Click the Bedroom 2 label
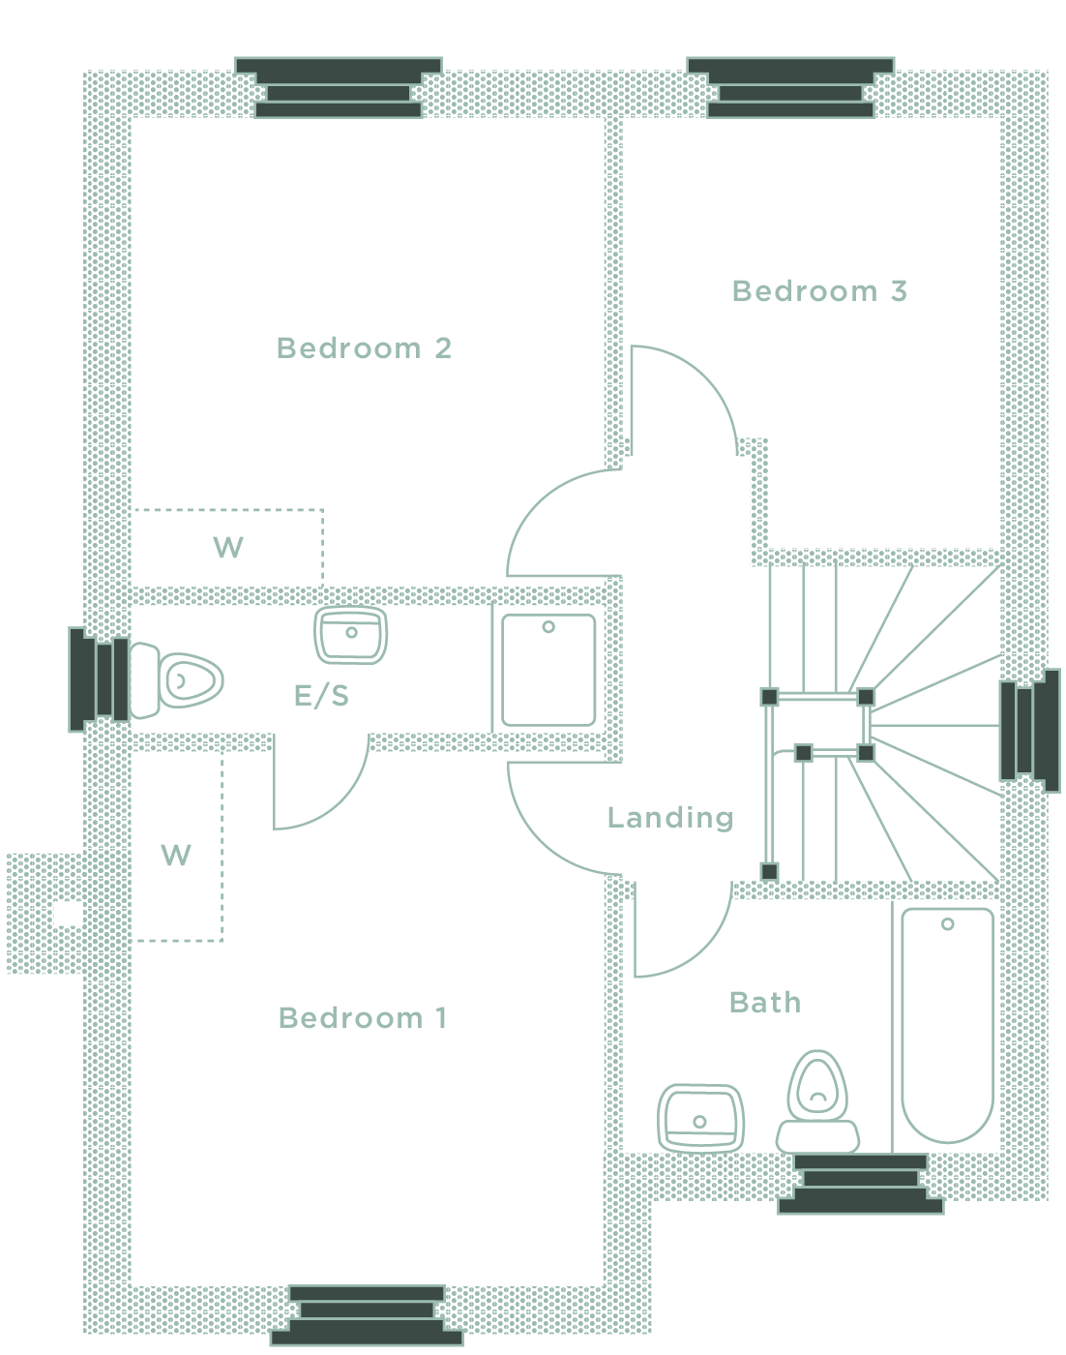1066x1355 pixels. (x=364, y=347)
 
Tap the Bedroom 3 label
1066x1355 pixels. (x=819, y=290)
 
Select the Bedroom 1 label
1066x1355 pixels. (x=363, y=1017)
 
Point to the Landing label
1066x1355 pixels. (x=669, y=818)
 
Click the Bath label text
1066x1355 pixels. (x=765, y=1002)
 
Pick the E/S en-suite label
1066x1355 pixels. (x=321, y=695)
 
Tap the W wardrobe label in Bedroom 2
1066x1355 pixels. (x=228, y=548)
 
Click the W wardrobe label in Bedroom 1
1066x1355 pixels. (x=176, y=855)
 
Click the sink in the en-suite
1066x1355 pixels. (x=351, y=635)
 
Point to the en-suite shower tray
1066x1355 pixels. (x=548, y=670)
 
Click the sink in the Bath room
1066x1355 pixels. (x=700, y=1119)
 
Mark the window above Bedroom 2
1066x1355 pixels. (x=339, y=88)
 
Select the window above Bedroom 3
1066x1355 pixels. (x=790, y=88)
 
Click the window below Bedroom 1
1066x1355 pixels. (x=367, y=1315)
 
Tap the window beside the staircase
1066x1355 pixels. (x=1028, y=731)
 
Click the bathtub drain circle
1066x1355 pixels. (x=948, y=924)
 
